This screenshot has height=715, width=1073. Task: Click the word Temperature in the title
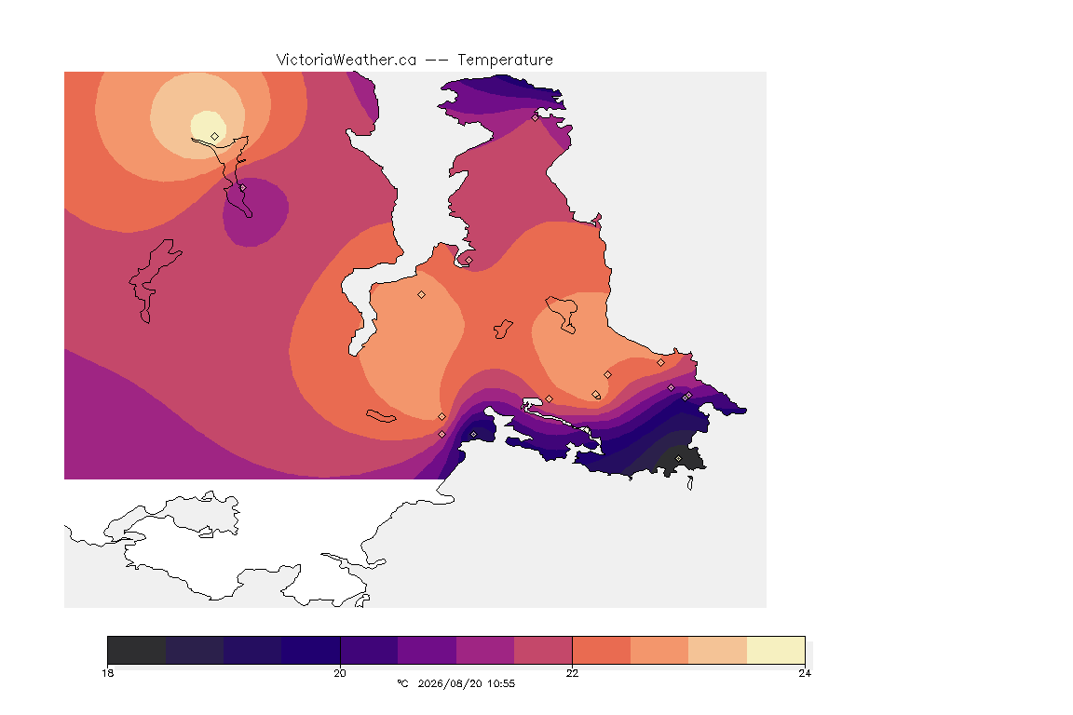[505, 61]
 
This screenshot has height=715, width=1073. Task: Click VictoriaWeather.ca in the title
[346, 61]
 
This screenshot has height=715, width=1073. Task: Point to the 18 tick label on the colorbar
[107, 673]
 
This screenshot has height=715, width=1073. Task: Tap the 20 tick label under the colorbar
[340, 673]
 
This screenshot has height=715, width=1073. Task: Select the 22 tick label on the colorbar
[572, 673]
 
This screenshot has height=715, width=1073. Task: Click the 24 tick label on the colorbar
[805, 673]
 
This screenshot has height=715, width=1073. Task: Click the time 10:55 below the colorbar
[501, 683]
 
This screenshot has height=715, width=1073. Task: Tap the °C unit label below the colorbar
[402, 683]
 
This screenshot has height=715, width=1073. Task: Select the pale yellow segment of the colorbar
[776, 650]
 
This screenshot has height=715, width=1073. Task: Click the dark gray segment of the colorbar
[137, 650]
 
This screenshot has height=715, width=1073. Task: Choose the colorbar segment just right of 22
[602, 650]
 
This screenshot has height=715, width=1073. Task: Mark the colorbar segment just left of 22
[543, 650]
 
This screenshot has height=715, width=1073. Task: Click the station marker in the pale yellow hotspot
[215, 136]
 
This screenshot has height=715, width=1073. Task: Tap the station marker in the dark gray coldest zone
[678, 458]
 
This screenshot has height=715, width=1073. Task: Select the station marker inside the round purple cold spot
[242, 187]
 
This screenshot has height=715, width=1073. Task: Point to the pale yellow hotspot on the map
[208, 126]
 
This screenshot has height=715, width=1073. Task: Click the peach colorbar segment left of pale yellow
[718, 650]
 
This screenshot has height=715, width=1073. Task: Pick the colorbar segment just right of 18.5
[195, 650]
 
